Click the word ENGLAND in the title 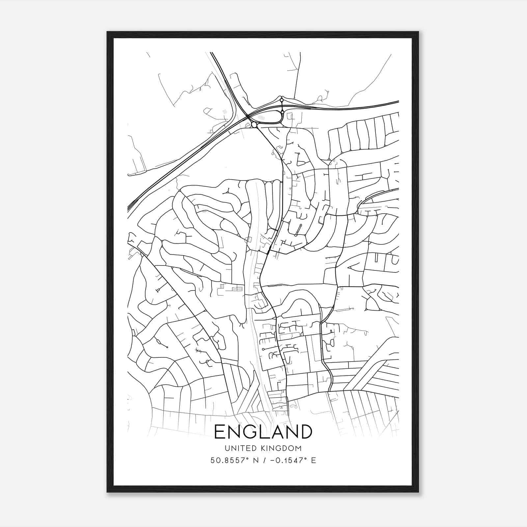(x=263, y=432)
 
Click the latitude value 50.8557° (x=227, y=460)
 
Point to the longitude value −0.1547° (x=288, y=460)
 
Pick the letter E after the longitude (x=313, y=460)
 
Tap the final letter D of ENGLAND (x=305, y=432)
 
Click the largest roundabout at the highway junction (x=254, y=125)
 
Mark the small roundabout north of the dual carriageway (x=281, y=100)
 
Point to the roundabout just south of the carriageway (x=282, y=112)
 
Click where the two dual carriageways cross (x=248, y=117)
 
